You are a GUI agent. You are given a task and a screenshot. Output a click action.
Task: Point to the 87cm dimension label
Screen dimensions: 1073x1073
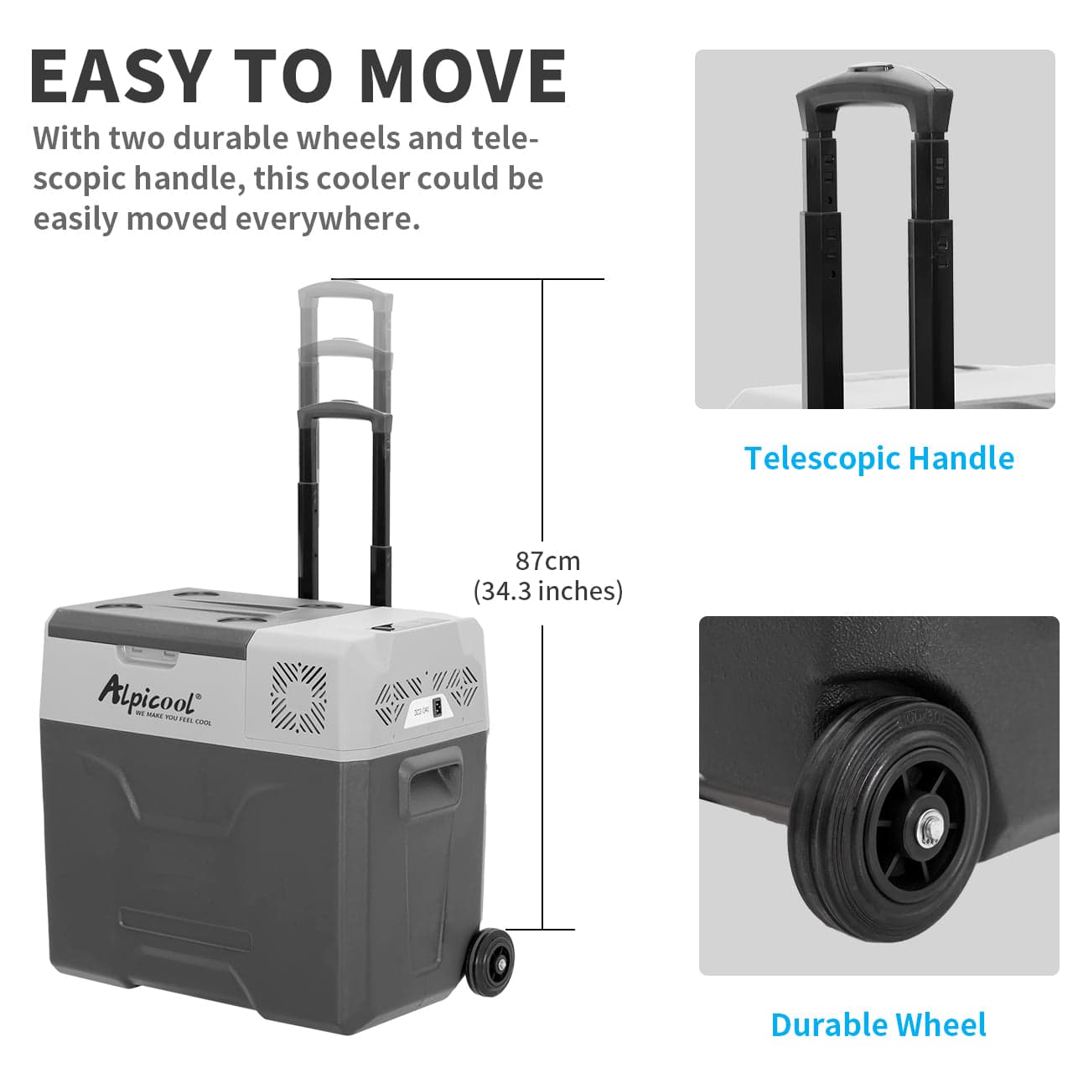click(x=547, y=560)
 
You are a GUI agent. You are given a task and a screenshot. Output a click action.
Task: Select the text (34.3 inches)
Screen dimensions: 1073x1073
click(x=547, y=591)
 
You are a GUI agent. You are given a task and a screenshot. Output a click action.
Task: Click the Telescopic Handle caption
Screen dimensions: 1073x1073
click(x=879, y=459)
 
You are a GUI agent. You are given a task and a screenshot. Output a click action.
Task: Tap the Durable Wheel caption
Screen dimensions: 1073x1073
click(x=878, y=1024)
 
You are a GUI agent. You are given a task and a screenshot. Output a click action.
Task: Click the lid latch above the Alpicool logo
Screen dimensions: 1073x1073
click(x=148, y=654)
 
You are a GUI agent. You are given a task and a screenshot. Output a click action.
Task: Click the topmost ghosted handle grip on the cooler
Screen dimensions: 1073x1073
click(x=345, y=293)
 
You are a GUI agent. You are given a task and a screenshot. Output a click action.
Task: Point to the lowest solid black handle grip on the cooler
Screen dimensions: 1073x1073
click(x=345, y=411)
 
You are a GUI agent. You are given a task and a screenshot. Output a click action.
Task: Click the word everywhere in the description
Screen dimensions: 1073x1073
click(x=327, y=219)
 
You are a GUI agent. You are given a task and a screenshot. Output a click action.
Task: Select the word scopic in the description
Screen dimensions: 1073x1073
click(x=79, y=179)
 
